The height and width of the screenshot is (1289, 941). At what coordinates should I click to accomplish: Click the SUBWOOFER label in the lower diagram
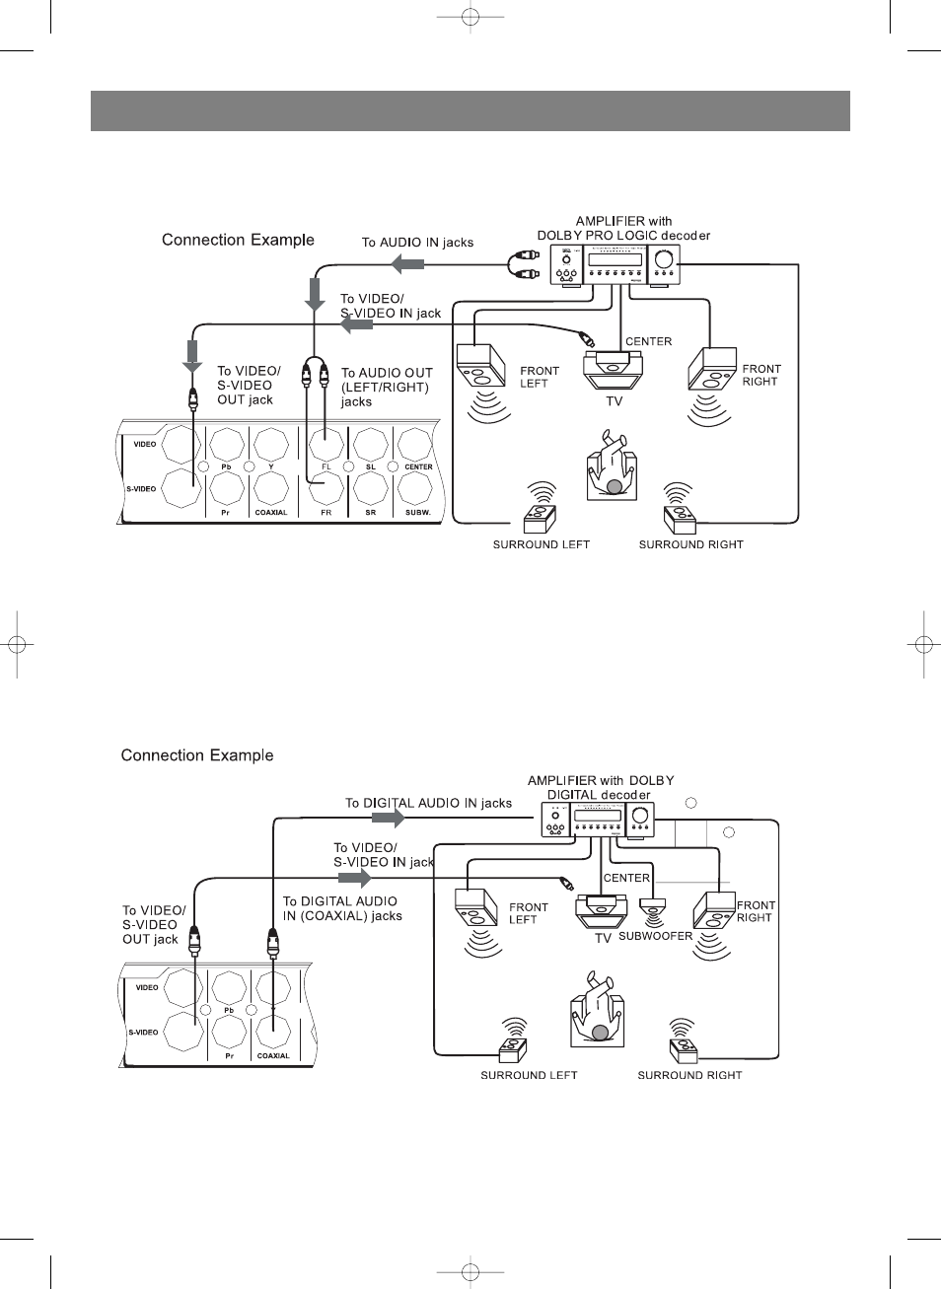[x=655, y=936]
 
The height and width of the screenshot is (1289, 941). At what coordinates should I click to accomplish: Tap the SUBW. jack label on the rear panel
[x=418, y=512]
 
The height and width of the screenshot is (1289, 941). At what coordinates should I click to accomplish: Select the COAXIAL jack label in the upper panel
[x=271, y=512]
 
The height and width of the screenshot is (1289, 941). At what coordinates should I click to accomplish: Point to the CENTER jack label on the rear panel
[x=418, y=466]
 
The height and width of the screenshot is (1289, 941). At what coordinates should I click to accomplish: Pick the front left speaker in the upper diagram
[x=481, y=365]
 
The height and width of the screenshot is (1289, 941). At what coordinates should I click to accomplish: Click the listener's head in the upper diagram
[x=615, y=486]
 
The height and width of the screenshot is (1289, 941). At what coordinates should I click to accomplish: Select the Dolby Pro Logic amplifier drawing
[x=615, y=264]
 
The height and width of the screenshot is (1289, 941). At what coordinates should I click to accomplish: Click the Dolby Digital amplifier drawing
[x=599, y=820]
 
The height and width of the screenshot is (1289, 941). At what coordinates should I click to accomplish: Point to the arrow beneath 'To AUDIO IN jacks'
[x=407, y=264]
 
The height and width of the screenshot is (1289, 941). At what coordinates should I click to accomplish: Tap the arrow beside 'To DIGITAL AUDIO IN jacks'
[x=389, y=818]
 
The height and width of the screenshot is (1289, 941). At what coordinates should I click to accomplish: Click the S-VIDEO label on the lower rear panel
[x=143, y=1033]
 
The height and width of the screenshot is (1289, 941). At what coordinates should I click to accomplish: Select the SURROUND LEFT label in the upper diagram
[x=541, y=544]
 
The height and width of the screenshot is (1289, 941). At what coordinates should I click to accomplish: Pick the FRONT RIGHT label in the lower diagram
[x=756, y=911]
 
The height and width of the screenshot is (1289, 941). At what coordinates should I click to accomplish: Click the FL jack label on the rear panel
[x=326, y=466]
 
